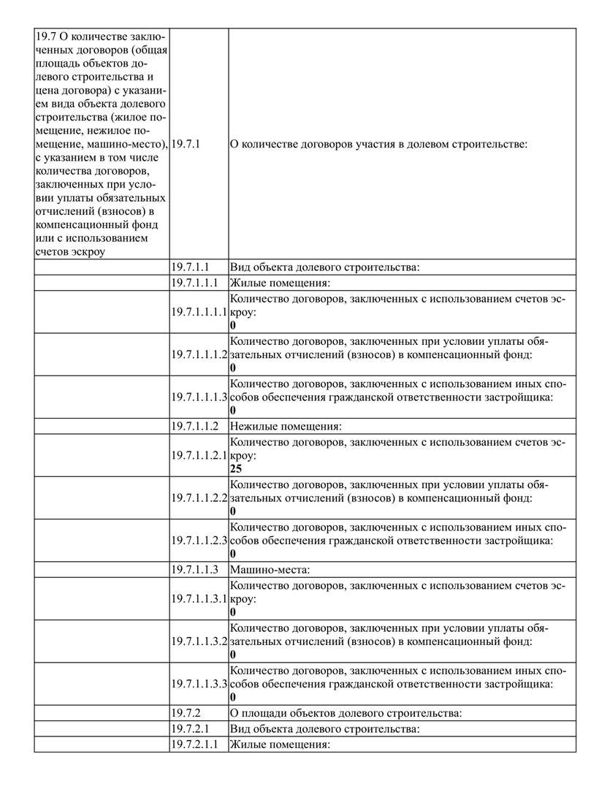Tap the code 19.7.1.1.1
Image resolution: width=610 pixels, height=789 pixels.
(x=195, y=283)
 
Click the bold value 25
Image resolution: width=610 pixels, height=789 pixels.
(x=235, y=469)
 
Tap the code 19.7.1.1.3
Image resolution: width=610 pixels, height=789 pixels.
(x=195, y=568)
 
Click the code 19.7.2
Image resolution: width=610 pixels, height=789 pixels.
(x=186, y=712)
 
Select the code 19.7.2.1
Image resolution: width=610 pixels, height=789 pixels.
(x=191, y=728)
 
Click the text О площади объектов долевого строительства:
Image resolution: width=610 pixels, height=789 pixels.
(x=345, y=712)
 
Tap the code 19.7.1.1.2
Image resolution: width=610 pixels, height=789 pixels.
(x=195, y=426)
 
